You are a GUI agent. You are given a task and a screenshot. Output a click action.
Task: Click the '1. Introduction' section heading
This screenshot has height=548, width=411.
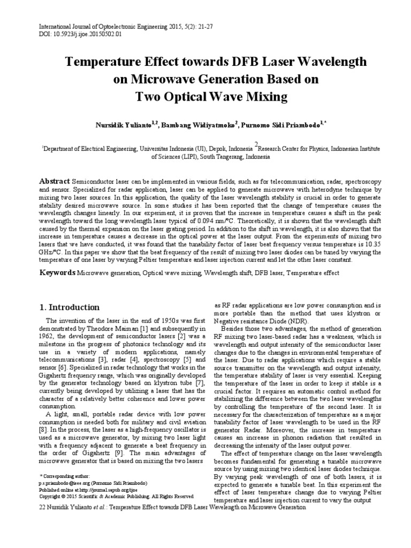click(70, 307)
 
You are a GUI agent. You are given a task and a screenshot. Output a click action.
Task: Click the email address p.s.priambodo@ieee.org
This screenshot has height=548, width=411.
click(70, 482)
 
